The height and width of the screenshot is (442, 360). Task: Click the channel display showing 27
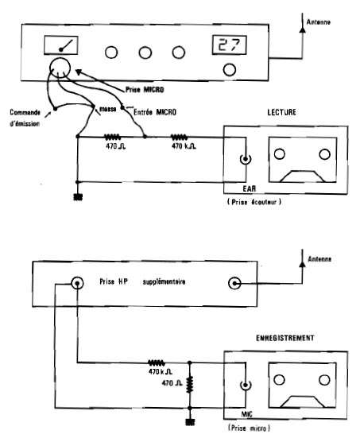point(230,45)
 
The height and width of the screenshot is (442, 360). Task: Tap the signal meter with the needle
point(61,45)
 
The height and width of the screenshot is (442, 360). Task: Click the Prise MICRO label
point(145,90)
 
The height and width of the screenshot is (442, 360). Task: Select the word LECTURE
point(281,112)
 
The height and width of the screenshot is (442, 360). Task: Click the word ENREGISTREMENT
point(285,338)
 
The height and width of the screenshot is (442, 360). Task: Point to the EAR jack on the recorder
point(246,159)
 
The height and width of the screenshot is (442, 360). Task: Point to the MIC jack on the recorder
point(246,385)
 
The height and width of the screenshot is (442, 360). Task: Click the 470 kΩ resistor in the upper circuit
point(179,138)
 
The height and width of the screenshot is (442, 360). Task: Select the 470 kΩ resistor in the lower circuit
point(157,363)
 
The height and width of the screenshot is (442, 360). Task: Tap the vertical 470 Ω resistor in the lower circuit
point(190,384)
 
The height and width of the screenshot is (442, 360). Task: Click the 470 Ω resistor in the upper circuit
point(113,138)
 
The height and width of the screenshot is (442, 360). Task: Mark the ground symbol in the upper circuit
point(78,197)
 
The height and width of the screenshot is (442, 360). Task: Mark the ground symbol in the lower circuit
point(190,422)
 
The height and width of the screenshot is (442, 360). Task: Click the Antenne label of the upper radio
point(319,22)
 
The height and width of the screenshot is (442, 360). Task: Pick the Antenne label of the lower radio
point(319,259)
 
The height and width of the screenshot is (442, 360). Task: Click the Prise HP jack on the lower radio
point(77,283)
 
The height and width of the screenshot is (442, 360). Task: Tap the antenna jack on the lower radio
point(234,283)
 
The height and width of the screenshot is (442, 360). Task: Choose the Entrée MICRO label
point(155,112)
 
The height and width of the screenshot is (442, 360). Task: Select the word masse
point(107,109)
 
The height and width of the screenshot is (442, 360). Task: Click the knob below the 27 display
point(230,70)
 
